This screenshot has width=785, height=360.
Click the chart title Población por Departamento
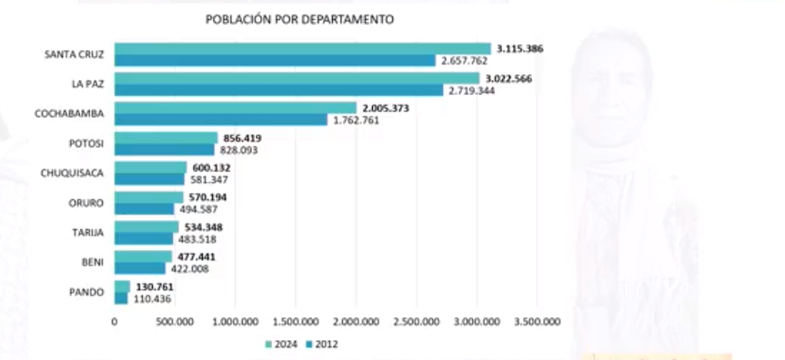(300, 19)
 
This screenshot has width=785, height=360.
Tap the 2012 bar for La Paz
(278, 91)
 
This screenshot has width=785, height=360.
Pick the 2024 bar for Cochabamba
(235, 108)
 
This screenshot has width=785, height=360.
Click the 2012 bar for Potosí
(164, 150)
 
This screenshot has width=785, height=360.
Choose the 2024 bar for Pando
(122, 286)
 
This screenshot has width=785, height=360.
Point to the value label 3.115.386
(519, 48)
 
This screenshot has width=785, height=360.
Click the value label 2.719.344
(470, 91)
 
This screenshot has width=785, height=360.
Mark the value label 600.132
(212, 167)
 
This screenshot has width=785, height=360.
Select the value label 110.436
(152, 298)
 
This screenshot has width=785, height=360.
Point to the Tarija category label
(87, 233)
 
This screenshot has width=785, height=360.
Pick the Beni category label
(92, 263)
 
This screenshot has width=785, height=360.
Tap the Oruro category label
(86, 203)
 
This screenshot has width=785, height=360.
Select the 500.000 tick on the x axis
(174, 321)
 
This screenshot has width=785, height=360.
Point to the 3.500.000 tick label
(537, 321)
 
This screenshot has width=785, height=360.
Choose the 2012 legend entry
(323, 345)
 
